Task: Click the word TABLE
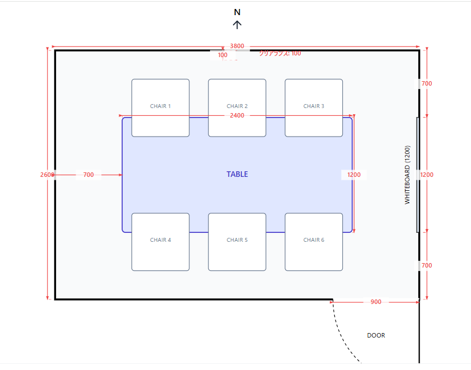point(237,175)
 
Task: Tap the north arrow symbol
point(237,25)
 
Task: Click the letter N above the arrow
point(237,12)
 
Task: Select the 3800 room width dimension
point(237,46)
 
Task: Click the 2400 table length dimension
point(237,115)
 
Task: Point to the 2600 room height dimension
point(47,175)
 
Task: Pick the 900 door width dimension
point(376,302)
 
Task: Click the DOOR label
point(376,335)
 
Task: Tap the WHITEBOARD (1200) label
point(408,175)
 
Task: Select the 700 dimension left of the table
point(88,175)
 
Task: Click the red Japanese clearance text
point(279,54)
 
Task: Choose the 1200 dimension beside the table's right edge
point(354,175)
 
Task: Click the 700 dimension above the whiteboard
point(427,83)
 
